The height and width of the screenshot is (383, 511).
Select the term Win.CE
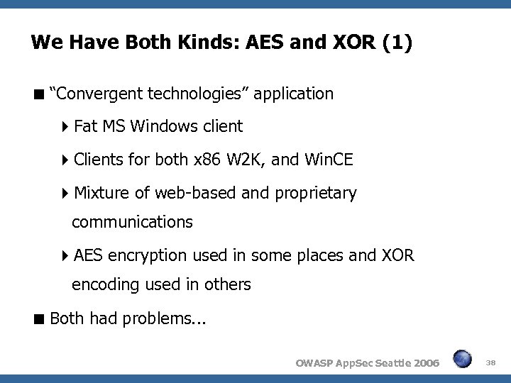click(327, 160)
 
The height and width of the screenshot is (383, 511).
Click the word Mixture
click(100, 192)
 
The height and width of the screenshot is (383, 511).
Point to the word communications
click(132, 222)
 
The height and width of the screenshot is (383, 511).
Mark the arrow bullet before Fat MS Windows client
click(65, 127)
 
